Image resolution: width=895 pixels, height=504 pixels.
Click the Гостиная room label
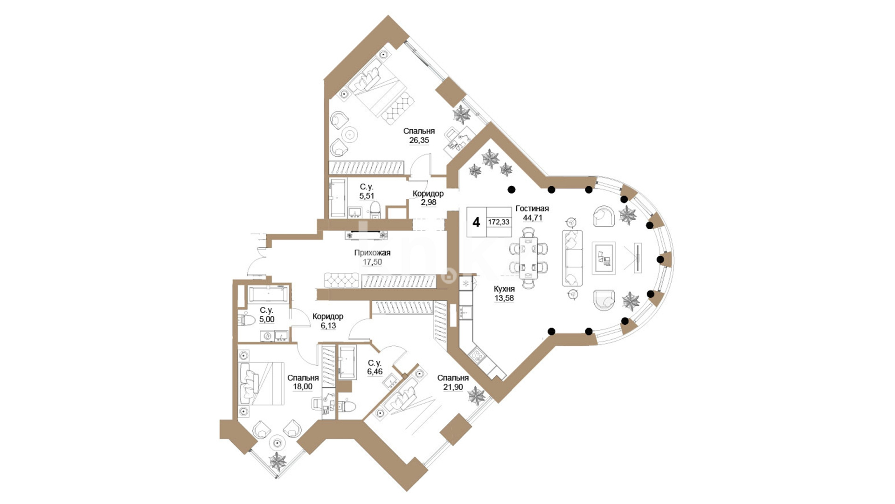point(532,209)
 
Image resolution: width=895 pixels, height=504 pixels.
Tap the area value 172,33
point(499,222)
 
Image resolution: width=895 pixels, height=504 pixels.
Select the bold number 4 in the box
point(476,222)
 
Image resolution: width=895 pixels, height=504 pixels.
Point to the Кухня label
point(504,289)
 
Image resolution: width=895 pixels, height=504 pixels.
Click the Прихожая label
point(372,253)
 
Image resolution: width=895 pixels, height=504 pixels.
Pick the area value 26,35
point(419,140)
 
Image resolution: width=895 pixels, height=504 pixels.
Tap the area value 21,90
point(453,387)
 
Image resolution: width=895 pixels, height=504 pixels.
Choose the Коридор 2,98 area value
point(428,202)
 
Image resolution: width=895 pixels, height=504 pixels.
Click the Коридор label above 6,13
point(328,317)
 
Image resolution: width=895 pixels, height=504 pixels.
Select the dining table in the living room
point(528,257)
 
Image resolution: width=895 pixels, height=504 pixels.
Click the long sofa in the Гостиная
point(572,258)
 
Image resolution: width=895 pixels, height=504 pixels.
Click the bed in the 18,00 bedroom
point(261,383)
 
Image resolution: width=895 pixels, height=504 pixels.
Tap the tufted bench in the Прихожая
point(341,280)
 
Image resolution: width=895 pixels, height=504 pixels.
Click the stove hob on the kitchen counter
point(477,356)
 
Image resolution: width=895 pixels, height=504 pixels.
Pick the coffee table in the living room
point(604,258)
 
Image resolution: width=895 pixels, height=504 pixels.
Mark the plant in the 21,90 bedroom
point(476,395)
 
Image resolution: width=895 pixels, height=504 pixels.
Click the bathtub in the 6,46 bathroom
point(347,362)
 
